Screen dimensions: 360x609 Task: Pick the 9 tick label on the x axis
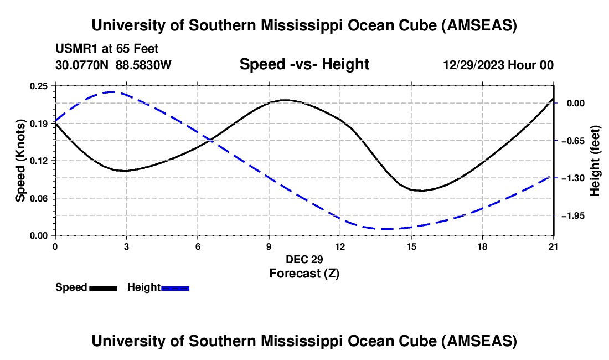(269, 246)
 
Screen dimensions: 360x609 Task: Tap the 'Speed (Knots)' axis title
(20, 161)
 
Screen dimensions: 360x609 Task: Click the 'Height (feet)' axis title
(596, 161)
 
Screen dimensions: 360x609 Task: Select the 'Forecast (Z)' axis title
(304, 273)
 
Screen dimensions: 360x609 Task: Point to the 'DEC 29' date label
(304, 259)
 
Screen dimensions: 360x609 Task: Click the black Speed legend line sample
(103, 287)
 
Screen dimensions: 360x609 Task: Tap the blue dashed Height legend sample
(176, 287)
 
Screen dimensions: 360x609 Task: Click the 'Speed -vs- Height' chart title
(304, 64)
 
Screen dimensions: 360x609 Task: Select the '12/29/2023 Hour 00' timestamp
(498, 65)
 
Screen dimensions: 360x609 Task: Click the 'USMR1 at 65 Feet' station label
(107, 49)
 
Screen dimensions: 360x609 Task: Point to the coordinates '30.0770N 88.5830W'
(113, 65)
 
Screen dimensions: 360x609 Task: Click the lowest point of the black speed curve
(422, 191)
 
